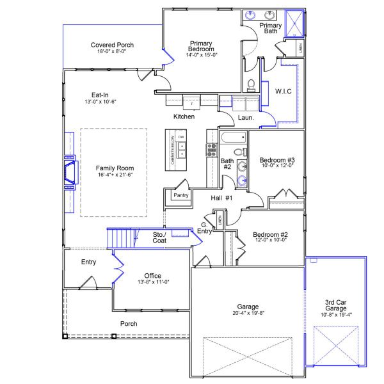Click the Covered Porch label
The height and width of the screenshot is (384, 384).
(x=112, y=45)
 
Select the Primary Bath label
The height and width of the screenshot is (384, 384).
(x=270, y=28)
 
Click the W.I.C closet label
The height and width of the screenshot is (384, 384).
(x=283, y=92)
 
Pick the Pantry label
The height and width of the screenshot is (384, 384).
(x=181, y=195)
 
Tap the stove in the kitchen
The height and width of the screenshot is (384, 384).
(x=211, y=150)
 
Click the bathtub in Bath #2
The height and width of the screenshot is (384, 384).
(x=232, y=138)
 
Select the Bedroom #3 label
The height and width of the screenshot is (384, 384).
(x=276, y=160)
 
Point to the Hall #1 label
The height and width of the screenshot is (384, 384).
(x=221, y=198)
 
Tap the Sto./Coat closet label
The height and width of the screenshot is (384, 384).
(x=159, y=239)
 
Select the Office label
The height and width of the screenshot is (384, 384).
(x=152, y=276)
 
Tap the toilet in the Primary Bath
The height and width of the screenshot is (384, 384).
(x=252, y=84)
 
